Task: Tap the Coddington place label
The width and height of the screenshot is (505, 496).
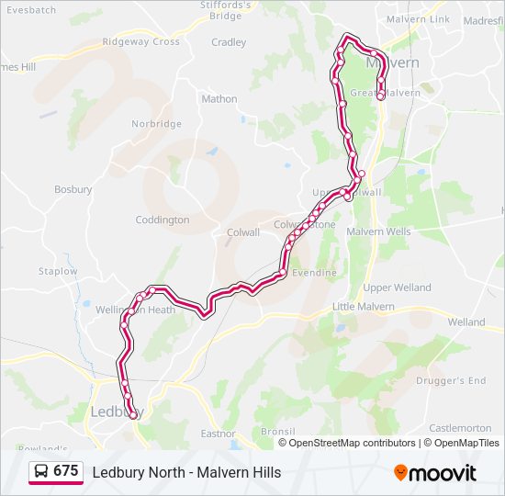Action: point(163,220)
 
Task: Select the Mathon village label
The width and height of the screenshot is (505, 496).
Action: point(219,99)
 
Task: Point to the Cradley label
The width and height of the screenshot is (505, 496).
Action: point(229,42)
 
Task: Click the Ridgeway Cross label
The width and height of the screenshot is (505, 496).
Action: point(140,42)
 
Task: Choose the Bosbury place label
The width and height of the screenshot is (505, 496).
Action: point(73,190)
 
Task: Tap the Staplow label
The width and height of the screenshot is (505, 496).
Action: point(58,272)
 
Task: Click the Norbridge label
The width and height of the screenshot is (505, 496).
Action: point(156,124)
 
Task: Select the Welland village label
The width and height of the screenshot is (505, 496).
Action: point(466,322)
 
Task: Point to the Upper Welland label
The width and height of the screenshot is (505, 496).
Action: point(397,287)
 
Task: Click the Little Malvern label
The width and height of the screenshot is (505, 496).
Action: point(363,307)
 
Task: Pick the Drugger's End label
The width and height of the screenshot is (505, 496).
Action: point(450,381)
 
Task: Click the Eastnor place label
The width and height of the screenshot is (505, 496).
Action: point(218,434)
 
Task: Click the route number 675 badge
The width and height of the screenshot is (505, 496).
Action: point(65,471)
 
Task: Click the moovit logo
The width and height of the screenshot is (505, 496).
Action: point(435,473)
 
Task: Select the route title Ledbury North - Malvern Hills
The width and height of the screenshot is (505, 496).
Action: point(186,473)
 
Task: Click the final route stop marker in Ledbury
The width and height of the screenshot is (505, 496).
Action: point(133,416)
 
